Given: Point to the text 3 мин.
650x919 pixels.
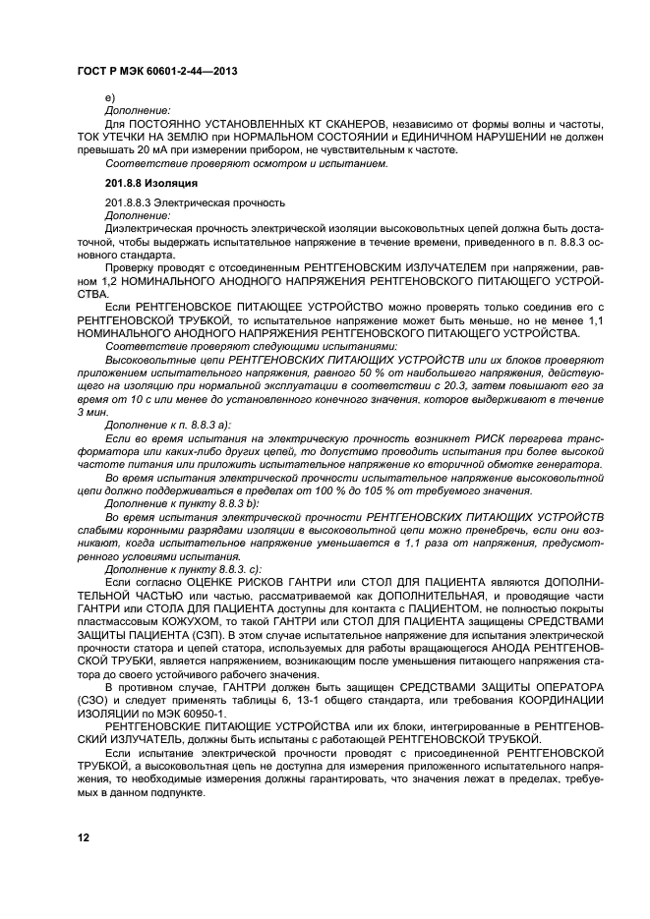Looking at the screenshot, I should (95, 413).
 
